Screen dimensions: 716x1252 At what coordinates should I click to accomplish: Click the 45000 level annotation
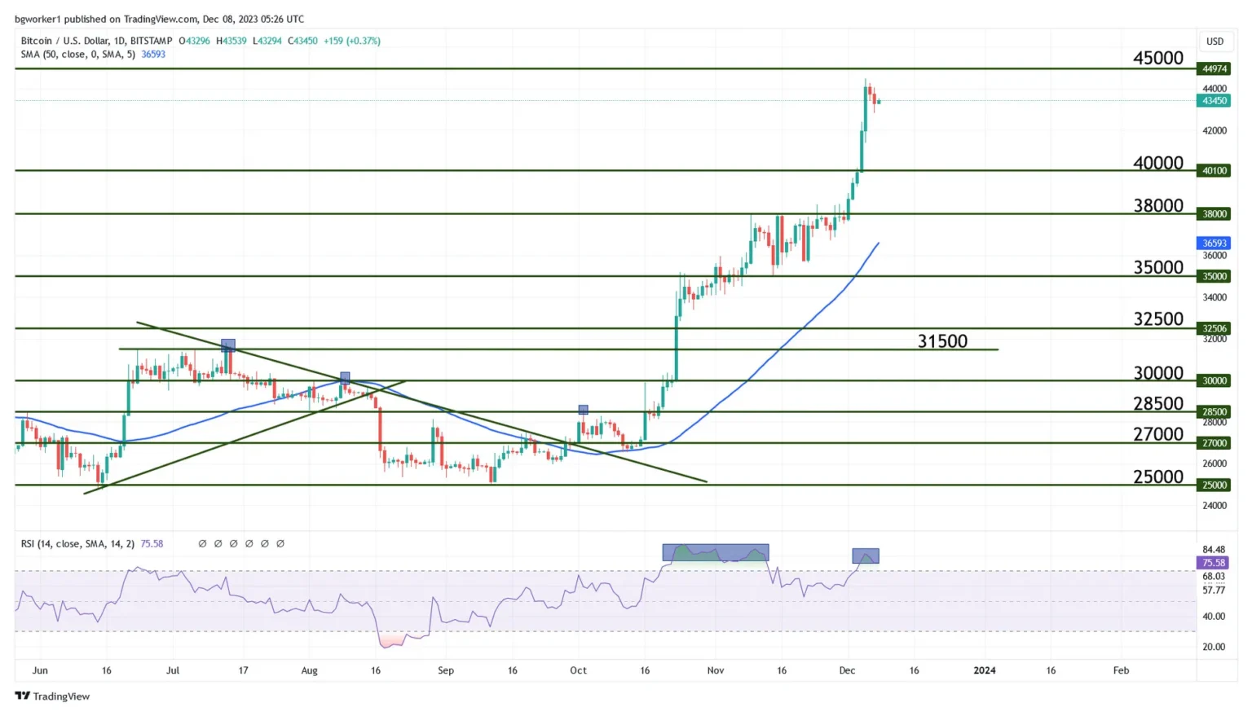[1157, 58]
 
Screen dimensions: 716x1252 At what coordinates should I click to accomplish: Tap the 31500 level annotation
[942, 341]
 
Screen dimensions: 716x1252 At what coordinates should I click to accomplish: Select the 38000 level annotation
[1157, 205]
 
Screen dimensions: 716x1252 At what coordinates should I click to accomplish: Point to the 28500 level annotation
[1157, 403]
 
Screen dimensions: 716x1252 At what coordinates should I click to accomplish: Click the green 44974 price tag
[1214, 69]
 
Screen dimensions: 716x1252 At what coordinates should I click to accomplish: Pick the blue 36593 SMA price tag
[1214, 244]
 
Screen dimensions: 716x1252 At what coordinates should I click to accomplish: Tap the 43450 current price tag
[1214, 101]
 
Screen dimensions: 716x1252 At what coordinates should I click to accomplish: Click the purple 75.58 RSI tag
[1214, 563]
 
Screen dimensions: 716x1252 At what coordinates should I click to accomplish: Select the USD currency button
[1215, 42]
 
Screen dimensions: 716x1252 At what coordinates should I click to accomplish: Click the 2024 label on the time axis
[984, 670]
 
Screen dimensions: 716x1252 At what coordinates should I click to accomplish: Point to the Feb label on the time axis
[1121, 670]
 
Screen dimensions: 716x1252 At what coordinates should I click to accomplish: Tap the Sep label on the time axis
[445, 670]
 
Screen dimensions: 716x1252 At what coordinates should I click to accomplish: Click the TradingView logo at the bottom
[52, 696]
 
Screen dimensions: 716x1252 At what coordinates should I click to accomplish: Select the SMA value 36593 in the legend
[153, 55]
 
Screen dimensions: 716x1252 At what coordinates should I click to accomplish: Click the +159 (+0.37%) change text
[351, 41]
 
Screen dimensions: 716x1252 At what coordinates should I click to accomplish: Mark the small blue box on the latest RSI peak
[865, 556]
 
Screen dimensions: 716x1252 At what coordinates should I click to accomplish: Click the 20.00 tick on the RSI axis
[1214, 647]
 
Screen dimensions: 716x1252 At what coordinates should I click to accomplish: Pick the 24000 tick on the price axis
[1214, 506]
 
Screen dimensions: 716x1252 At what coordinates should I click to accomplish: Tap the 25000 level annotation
[1157, 477]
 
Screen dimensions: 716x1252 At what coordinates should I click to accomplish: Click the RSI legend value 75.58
[152, 544]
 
